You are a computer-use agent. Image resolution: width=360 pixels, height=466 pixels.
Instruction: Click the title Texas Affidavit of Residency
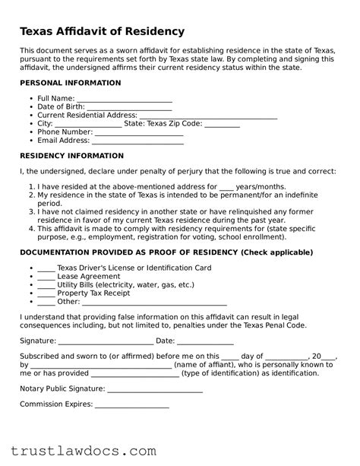[102, 31]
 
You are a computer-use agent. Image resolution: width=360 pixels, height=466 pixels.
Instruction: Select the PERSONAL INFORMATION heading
[69, 82]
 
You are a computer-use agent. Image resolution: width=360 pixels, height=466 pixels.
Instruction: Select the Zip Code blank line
[223, 125]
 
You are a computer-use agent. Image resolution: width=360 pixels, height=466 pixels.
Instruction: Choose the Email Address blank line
[137, 141]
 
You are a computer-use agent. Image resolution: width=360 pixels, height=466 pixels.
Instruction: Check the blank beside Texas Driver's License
[46, 269]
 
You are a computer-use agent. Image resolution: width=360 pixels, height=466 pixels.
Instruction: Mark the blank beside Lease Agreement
[46, 277]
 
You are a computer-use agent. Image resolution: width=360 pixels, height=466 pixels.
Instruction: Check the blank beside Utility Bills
[46, 286]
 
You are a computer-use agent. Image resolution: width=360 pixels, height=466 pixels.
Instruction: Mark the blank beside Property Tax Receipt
[46, 294]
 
